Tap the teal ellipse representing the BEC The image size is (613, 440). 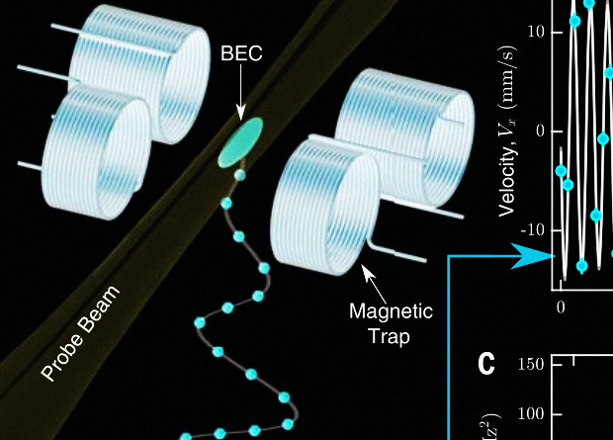(242, 140)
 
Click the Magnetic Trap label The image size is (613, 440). (392, 322)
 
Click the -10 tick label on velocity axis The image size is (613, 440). (532, 229)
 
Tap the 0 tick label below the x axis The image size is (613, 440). (561, 307)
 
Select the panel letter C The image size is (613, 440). (485, 364)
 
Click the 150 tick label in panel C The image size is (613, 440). (532, 364)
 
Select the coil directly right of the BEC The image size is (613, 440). (320, 208)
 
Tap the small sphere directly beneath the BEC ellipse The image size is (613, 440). (238, 175)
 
